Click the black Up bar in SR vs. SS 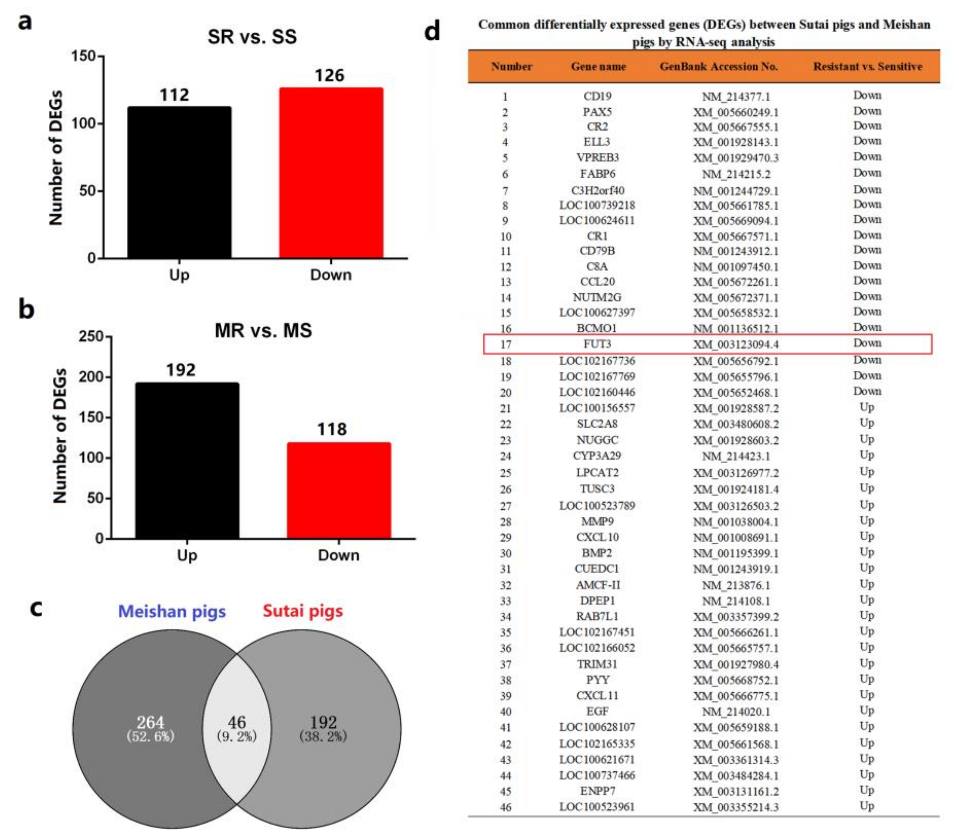tap(179, 183)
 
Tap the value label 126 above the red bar tap(329, 75)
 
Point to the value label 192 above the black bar tap(181, 370)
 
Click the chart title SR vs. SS tap(252, 37)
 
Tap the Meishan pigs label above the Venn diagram tap(172, 611)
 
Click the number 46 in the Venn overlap tap(237, 722)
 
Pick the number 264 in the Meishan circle tap(150, 722)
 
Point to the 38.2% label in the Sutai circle tap(323, 736)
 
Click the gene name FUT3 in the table tap(597, 344)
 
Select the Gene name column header tap(598, 66)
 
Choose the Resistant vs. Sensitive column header tap(868, 66)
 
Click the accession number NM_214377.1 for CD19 tap(736, 97)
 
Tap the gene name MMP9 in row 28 tap(597, 521)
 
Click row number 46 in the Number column tap(506, 807)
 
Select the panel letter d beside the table tap(432, 32)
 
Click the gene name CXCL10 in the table tap(597, 537)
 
